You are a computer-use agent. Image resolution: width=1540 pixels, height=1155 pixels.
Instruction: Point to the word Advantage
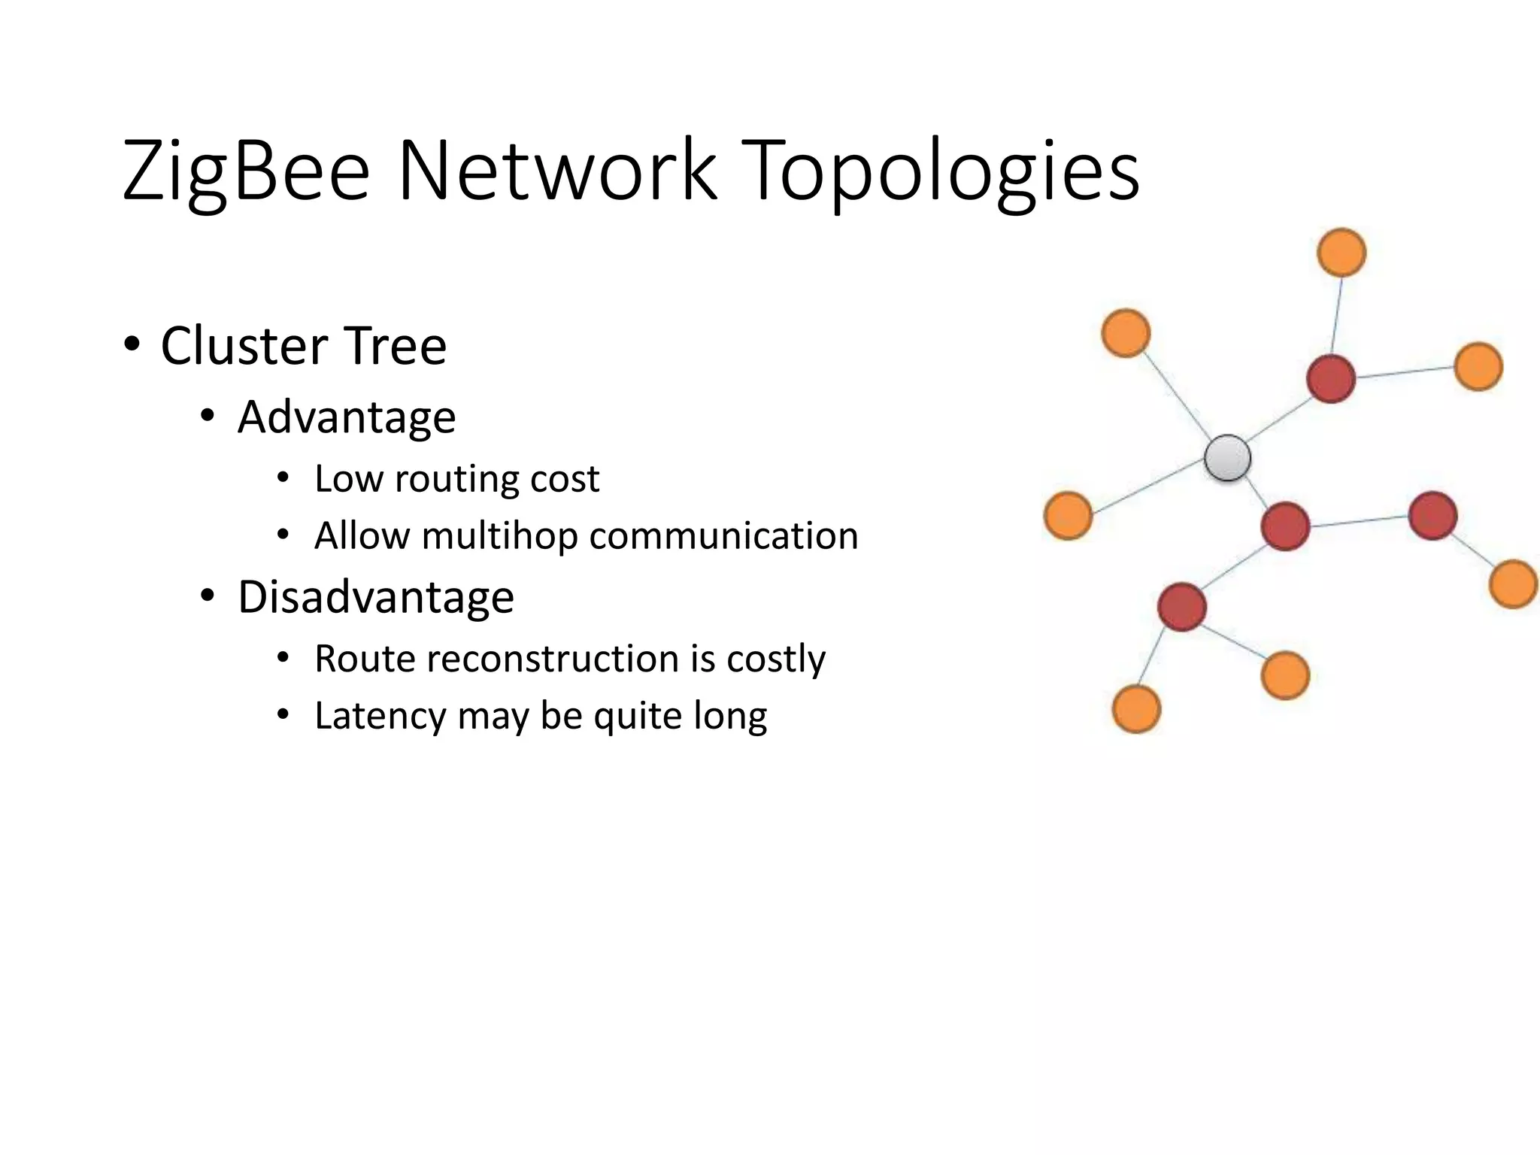click(347, 418)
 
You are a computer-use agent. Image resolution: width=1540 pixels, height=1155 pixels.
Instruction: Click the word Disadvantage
click(376, 598)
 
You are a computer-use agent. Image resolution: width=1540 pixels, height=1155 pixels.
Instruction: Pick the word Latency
click(380, 716)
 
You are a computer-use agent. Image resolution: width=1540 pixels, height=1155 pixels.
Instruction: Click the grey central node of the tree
click(1227, 458)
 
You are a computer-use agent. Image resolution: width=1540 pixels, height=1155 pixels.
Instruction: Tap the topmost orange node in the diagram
click(1342, 253)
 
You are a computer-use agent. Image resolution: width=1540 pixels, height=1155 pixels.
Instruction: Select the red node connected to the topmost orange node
click(1331, 379)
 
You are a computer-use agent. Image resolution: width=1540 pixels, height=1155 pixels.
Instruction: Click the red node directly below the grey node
click(1285, 526)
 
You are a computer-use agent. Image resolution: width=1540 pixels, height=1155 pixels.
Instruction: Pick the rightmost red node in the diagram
click(1432, 516)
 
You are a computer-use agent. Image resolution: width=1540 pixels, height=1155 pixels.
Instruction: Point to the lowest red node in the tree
click(1182, 607)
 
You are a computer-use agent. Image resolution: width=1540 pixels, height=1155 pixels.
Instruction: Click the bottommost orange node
click(1136, 709)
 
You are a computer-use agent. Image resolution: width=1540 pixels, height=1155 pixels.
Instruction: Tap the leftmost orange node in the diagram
click(1068, 516)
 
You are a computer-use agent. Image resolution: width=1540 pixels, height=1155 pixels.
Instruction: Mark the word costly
click(776, 659)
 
